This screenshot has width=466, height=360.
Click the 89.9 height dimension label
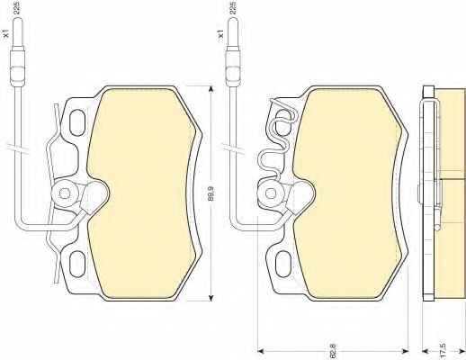(211, 193)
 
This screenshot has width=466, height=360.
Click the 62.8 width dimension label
(332, 351)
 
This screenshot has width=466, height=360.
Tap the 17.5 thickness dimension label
(444, 351)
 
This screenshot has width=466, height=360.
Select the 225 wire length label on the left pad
(17, 8)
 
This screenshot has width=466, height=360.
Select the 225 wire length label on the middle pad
(233, 8)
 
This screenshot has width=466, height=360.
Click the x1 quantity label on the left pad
(6, 33)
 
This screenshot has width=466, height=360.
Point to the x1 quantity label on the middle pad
(220, 33)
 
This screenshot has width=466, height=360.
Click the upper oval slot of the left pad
(77, 122)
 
